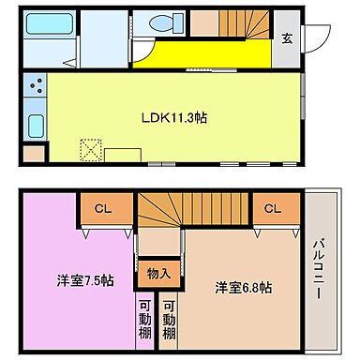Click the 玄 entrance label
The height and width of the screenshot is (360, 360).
pos(288,38)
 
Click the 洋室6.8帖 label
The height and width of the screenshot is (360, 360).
pos(242,286)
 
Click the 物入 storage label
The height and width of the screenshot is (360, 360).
pos(158,273)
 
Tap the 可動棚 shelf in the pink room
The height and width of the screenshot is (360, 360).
pos(146,322)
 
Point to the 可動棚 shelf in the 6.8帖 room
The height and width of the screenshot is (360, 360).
pos(169,322)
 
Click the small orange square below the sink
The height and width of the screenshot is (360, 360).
pos(33,153)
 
